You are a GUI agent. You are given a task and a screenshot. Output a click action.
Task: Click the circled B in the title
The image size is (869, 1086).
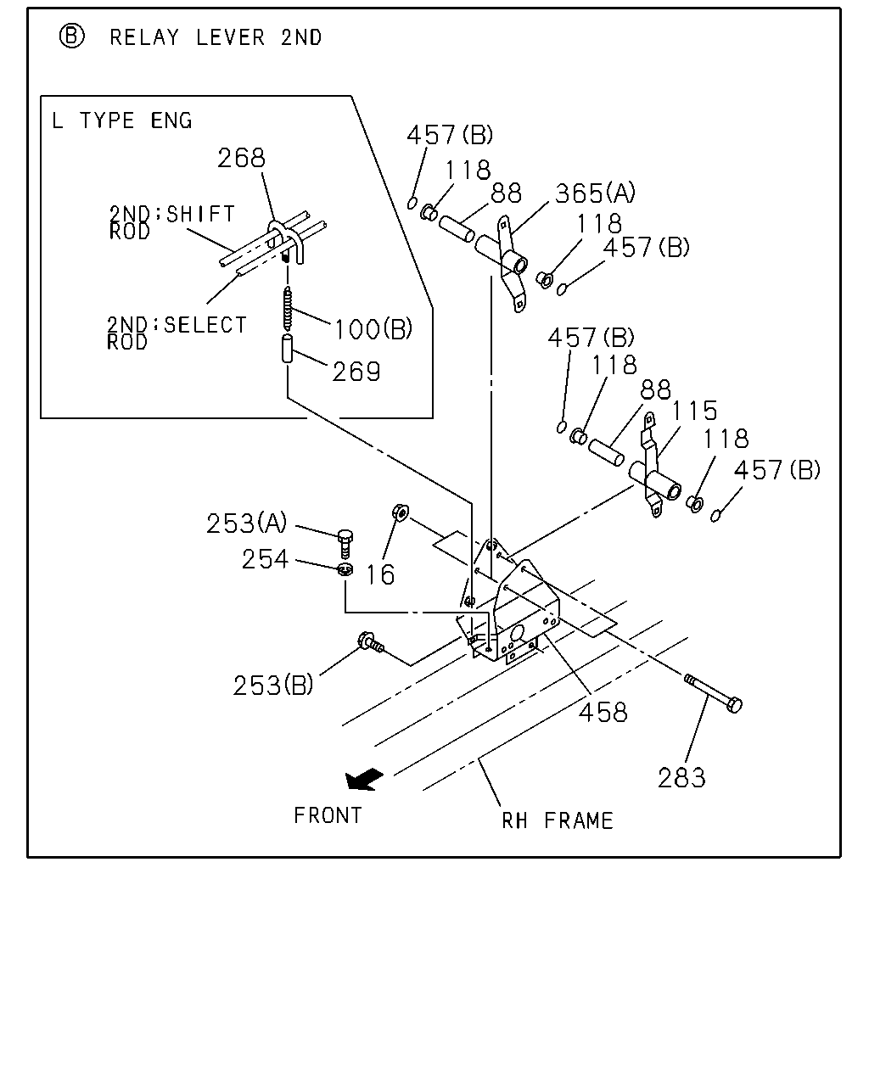point(71,36)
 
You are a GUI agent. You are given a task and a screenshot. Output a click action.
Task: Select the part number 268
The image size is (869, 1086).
point(241,158)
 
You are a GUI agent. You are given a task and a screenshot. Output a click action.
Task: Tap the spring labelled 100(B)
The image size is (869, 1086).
point(288,308)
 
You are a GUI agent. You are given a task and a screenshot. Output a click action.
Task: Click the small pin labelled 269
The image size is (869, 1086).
point(288,348)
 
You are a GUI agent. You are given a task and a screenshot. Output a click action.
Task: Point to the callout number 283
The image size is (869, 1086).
point(681,777)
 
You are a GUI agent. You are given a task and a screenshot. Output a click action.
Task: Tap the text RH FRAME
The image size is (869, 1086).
point(558,821)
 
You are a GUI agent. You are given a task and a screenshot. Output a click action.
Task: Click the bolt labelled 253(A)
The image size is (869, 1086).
point(345,543)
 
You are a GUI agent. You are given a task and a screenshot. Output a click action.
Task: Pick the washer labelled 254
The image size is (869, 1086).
point(345,569)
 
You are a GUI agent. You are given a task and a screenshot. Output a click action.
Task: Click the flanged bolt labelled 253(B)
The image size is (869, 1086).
point(371,642)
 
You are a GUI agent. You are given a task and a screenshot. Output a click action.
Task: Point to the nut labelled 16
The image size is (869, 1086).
point(401,513)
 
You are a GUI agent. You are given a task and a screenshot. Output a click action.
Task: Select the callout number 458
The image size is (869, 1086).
point(603,713)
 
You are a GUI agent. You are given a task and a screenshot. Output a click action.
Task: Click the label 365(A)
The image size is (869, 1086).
point(596,193)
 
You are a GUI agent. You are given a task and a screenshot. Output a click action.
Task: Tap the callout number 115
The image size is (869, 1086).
point(694,411)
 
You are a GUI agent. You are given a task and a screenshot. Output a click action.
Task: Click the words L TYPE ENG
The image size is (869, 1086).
point(121,120)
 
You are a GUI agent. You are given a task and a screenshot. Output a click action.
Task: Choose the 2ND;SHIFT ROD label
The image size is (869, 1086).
point(172,222)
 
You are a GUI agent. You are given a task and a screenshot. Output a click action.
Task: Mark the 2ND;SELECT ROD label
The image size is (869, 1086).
point(177,333)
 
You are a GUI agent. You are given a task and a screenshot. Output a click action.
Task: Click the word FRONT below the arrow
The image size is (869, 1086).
point(328,815)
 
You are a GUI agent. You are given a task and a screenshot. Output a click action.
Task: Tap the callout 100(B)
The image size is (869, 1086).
point(373,329)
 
